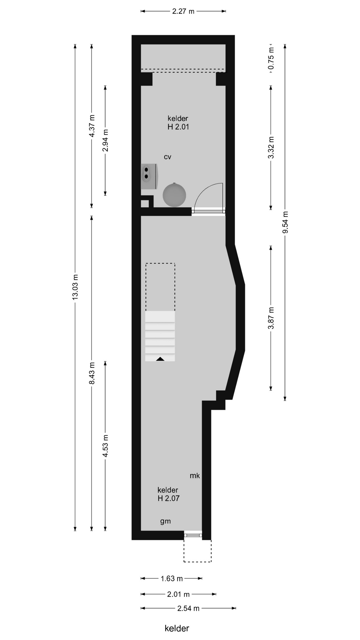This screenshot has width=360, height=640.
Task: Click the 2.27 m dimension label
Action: [183, 11]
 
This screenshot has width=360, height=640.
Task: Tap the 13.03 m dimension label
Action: [75, 287]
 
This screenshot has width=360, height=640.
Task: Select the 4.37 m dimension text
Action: [92, 126]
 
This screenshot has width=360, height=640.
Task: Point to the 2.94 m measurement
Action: [105, 140]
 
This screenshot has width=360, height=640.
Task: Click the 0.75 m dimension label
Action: [271, 58]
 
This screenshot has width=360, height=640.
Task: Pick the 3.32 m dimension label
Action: [271, 148]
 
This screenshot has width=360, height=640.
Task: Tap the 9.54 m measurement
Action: [285, 223]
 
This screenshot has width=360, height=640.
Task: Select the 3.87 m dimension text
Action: [271, 318]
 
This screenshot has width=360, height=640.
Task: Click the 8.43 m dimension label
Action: [92, 373]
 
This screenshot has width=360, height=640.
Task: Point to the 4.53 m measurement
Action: [105, 446]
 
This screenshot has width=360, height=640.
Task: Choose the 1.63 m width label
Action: [172, 578]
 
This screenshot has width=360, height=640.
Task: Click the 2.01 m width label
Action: [178, 594]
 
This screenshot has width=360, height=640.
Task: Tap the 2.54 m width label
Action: [188, 608]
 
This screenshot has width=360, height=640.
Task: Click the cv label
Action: [167, 157]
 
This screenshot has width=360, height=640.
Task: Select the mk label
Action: [195, 475]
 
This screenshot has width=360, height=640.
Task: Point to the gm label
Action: [165, 521]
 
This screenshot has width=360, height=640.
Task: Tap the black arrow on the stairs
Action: [160, 359]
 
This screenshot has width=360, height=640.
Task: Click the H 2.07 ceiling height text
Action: [169, 498]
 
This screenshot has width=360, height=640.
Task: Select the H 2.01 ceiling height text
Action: [178, 127]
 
